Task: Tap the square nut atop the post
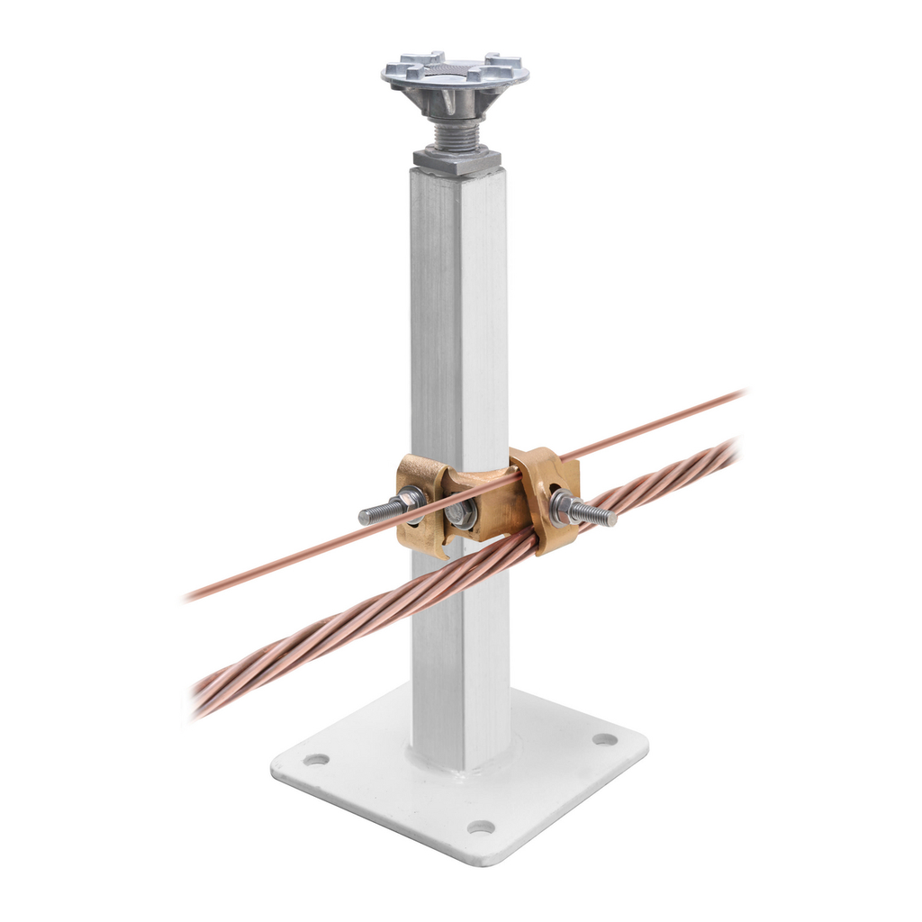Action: pyautogui.click(x=457, y=160)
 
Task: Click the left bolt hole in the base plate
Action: pyautogui.click(x=316, y=759)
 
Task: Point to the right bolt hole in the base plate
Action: pyautogui.click(x=605, y=739)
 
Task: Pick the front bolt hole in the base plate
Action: pyautogui.click(x=481, y=827)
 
